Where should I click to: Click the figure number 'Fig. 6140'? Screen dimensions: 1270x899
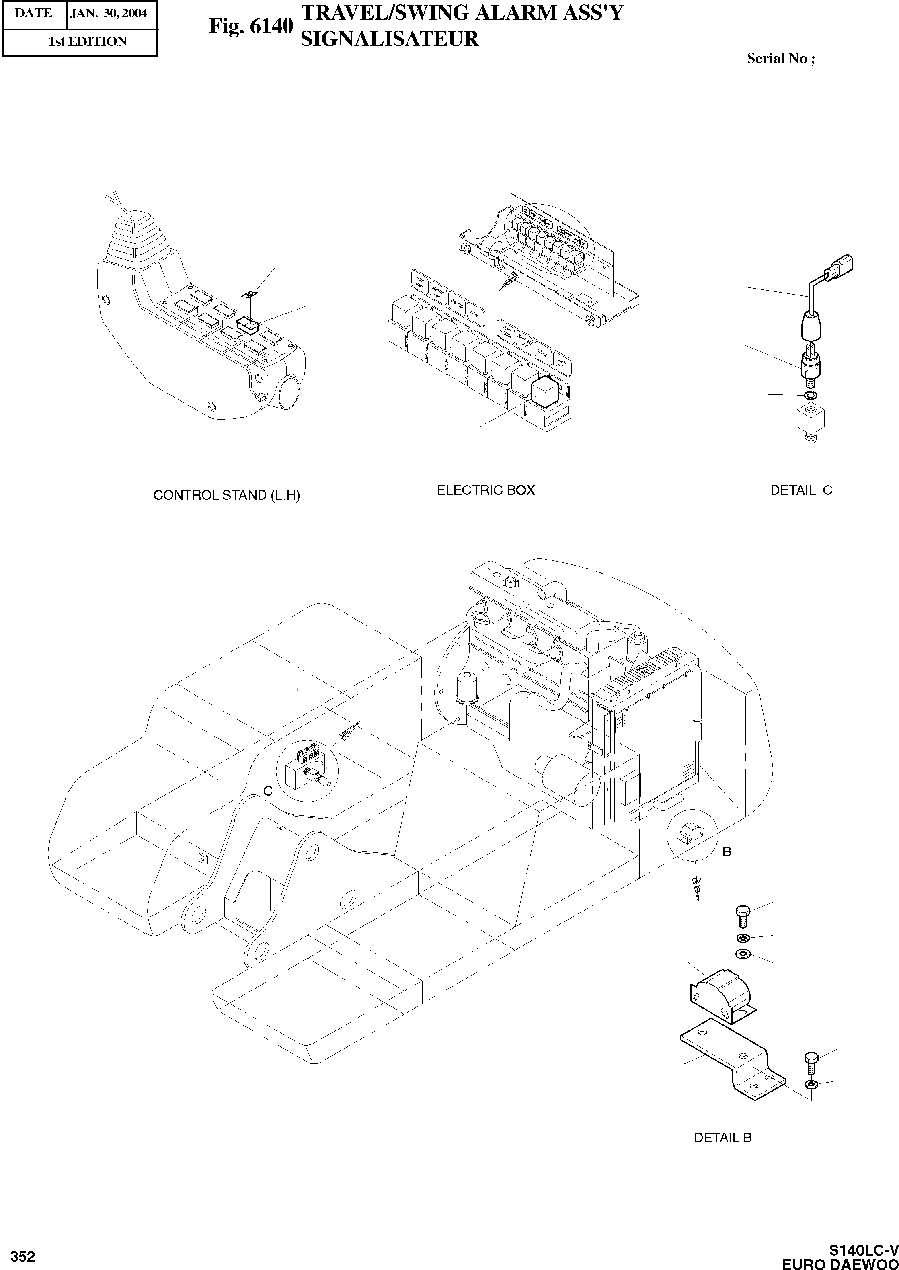pyautogui.click(x=250, y=26)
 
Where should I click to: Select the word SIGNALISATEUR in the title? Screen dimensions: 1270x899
pyautogui.click(x=389, y=39)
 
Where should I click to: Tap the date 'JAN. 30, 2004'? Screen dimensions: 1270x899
pyautogui.click(x=109, y=13)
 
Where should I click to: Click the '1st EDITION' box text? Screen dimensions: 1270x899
pyautogui.click(x=88, y=41)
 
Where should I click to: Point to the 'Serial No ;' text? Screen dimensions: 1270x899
pyautogui.click(x=780, y=58)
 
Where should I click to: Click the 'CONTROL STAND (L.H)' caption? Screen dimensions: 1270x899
pyautogui.click(x=226, y=495)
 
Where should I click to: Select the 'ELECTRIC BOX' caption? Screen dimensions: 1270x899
pyautogui.click(x=485, y=490)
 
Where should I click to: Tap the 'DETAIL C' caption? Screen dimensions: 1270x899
pyautogui.click(x=801, y=490)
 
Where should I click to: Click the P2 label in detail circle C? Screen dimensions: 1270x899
pyautogui.click(x=318, y=765)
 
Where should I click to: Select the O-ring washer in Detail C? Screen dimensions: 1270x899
pyautogui.click(x=811, y=396)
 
